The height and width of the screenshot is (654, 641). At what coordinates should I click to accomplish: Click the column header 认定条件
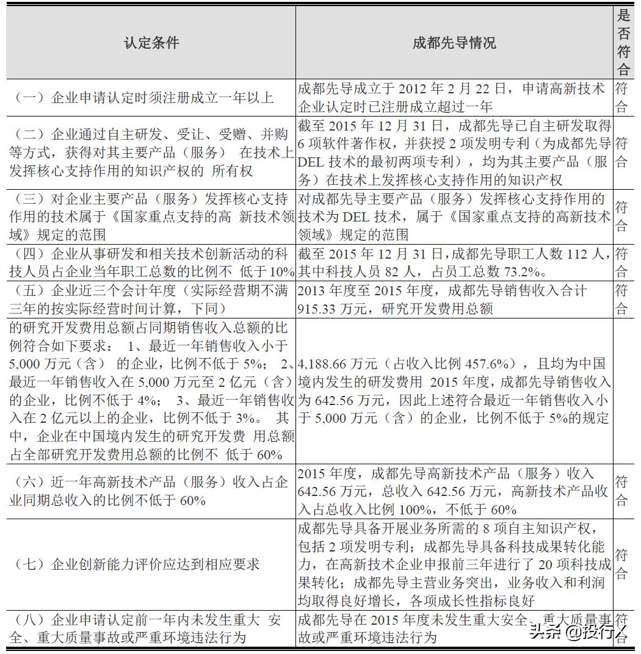151,42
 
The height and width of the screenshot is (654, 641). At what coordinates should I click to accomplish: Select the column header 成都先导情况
454,42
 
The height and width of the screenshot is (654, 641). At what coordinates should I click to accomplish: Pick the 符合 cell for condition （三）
621,217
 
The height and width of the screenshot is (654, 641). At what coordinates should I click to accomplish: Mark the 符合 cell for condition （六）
621,491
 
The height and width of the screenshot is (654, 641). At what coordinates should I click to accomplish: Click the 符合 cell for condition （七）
621,564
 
